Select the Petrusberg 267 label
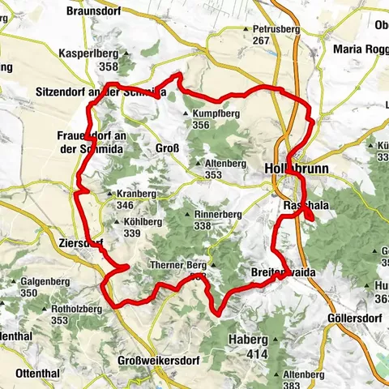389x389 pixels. (x=271, y=35)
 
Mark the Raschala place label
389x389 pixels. (x=306, y=207)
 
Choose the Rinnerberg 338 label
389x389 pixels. (x=218, y=220)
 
